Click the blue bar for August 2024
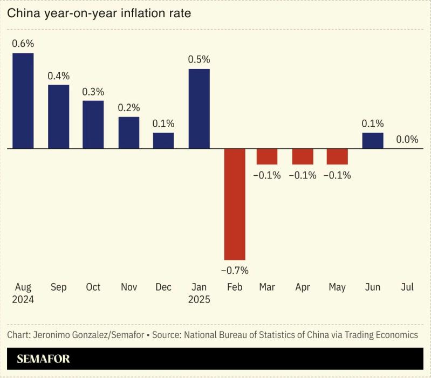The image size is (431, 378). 23,100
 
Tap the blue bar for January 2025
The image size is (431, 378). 199,108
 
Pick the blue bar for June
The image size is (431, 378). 373,140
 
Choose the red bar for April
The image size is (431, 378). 303,156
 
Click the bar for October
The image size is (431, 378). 93,124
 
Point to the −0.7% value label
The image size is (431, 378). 235,270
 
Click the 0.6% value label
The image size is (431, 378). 23,44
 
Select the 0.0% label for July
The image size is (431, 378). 407,139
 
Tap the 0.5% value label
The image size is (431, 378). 199,60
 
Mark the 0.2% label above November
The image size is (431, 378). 129,108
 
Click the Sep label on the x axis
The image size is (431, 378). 58,287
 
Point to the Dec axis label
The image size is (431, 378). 163,287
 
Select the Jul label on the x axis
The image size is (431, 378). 407,287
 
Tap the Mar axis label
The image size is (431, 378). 268,287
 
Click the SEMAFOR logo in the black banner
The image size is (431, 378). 44,359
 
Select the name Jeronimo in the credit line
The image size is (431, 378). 53,335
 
